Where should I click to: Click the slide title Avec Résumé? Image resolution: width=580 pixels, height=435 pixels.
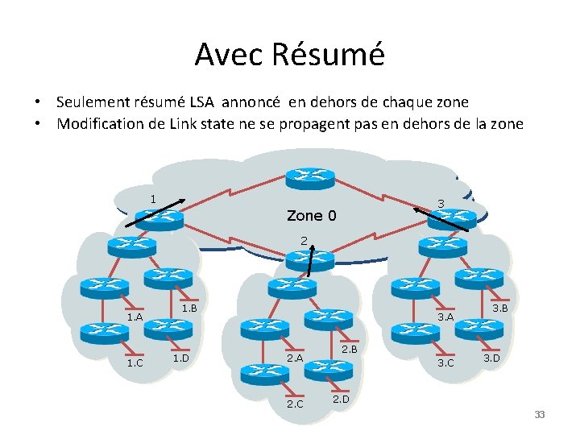click(x=290, y=54)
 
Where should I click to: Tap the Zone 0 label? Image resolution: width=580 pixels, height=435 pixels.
click(x=311, y=216)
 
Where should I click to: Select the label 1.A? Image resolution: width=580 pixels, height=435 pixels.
click(x=135, y=317)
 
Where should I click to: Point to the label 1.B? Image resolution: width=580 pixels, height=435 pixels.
click(x=189, y=308)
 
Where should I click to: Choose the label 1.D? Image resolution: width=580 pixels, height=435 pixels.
click(x=181, y=357)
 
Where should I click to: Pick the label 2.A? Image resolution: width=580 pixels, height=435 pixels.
click(x=295, y=358)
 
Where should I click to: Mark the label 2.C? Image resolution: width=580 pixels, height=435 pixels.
click(x=295, y=404)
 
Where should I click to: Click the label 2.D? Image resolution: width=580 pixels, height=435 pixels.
click(x=341, y=398)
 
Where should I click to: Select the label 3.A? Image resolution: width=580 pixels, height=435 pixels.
click(x=445, y=317)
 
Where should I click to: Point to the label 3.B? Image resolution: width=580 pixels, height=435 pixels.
click(x=499, y=308)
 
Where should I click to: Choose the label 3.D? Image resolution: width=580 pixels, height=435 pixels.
click(x=491, y=357)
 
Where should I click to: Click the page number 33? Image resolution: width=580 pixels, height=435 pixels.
click(x=540, y=415)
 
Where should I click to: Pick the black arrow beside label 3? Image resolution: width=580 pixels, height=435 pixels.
click(x=441, y=219)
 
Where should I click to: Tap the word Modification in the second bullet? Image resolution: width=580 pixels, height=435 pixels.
click(x=98, y=124)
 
